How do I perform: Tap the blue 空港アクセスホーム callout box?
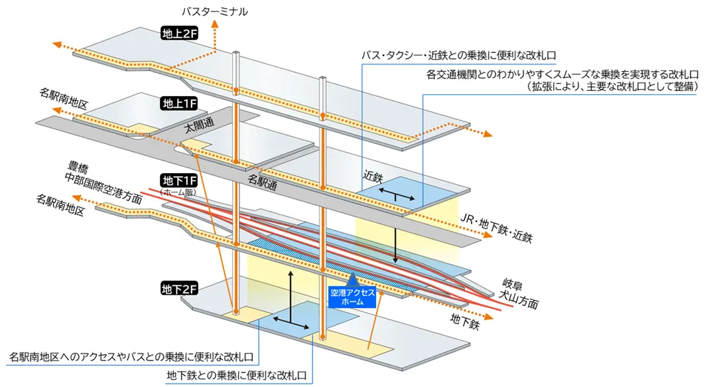[x=353, y=297]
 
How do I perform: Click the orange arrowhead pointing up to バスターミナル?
[x=216, y=25]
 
